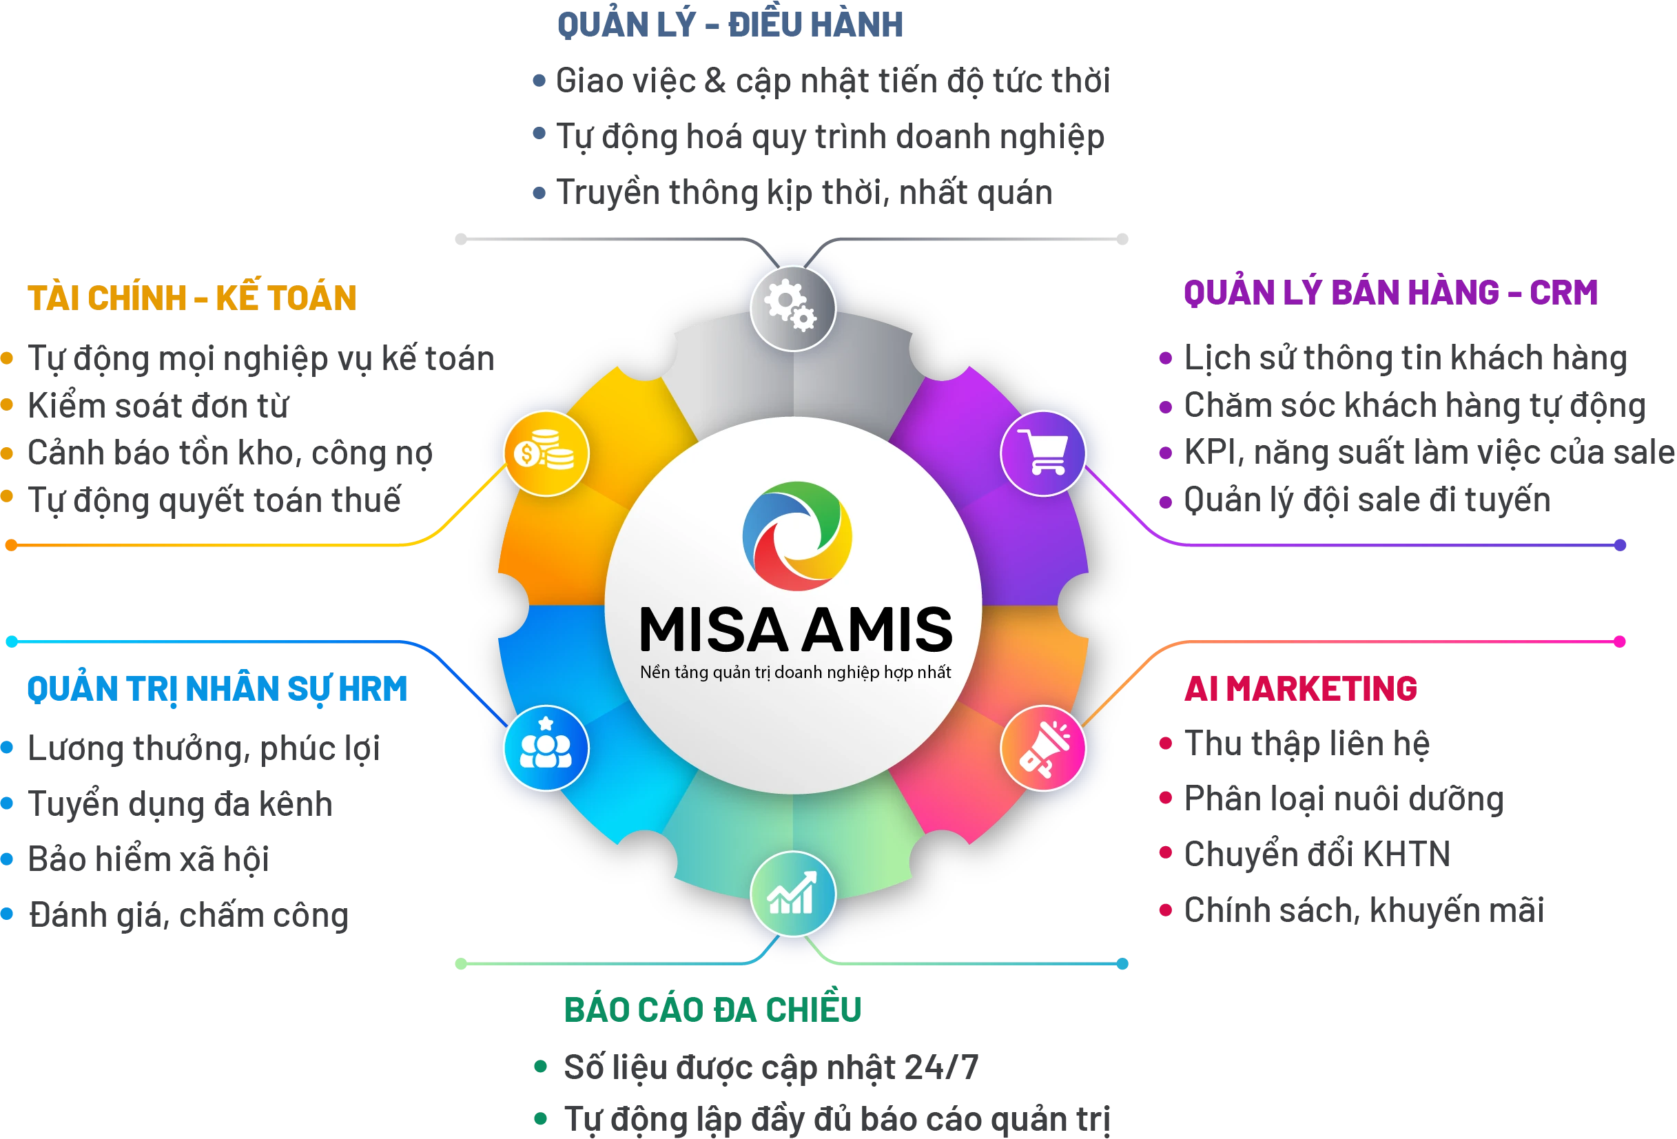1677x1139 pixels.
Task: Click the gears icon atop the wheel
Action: coord(792,307)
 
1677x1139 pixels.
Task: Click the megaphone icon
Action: coord(1043,748)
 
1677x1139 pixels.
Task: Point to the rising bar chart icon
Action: coord(792,893)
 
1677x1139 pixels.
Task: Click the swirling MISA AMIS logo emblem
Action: coord(796,535)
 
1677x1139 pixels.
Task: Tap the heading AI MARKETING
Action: coord(1300,688)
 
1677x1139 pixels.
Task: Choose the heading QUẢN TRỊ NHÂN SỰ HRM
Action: coord(217,689)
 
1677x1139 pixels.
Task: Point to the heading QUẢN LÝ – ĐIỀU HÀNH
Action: coord(730,23)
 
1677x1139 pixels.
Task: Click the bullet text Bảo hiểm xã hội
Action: coord(148,859)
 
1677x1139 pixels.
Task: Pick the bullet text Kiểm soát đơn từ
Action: coord(158,406)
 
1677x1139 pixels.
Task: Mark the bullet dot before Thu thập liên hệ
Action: coord(1165,743)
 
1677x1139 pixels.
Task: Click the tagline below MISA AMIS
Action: coord(795,673)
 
